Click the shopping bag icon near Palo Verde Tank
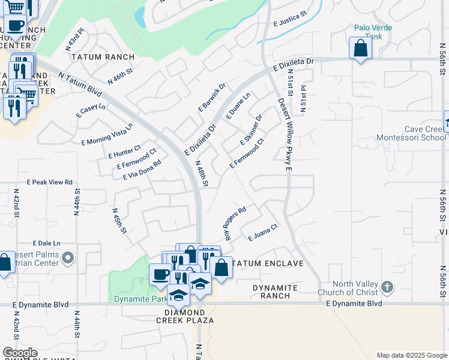tap(360, 49)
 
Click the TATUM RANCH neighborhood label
tap(103, 57)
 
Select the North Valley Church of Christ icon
tap(387, 287)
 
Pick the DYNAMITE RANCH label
tap(275, 292)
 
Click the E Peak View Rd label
tap(49, 182)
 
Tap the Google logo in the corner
tap(20, 353)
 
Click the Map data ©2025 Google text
tap(411, 355)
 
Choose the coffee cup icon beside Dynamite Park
tap(160, 275)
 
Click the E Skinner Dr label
tap(252, 130)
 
